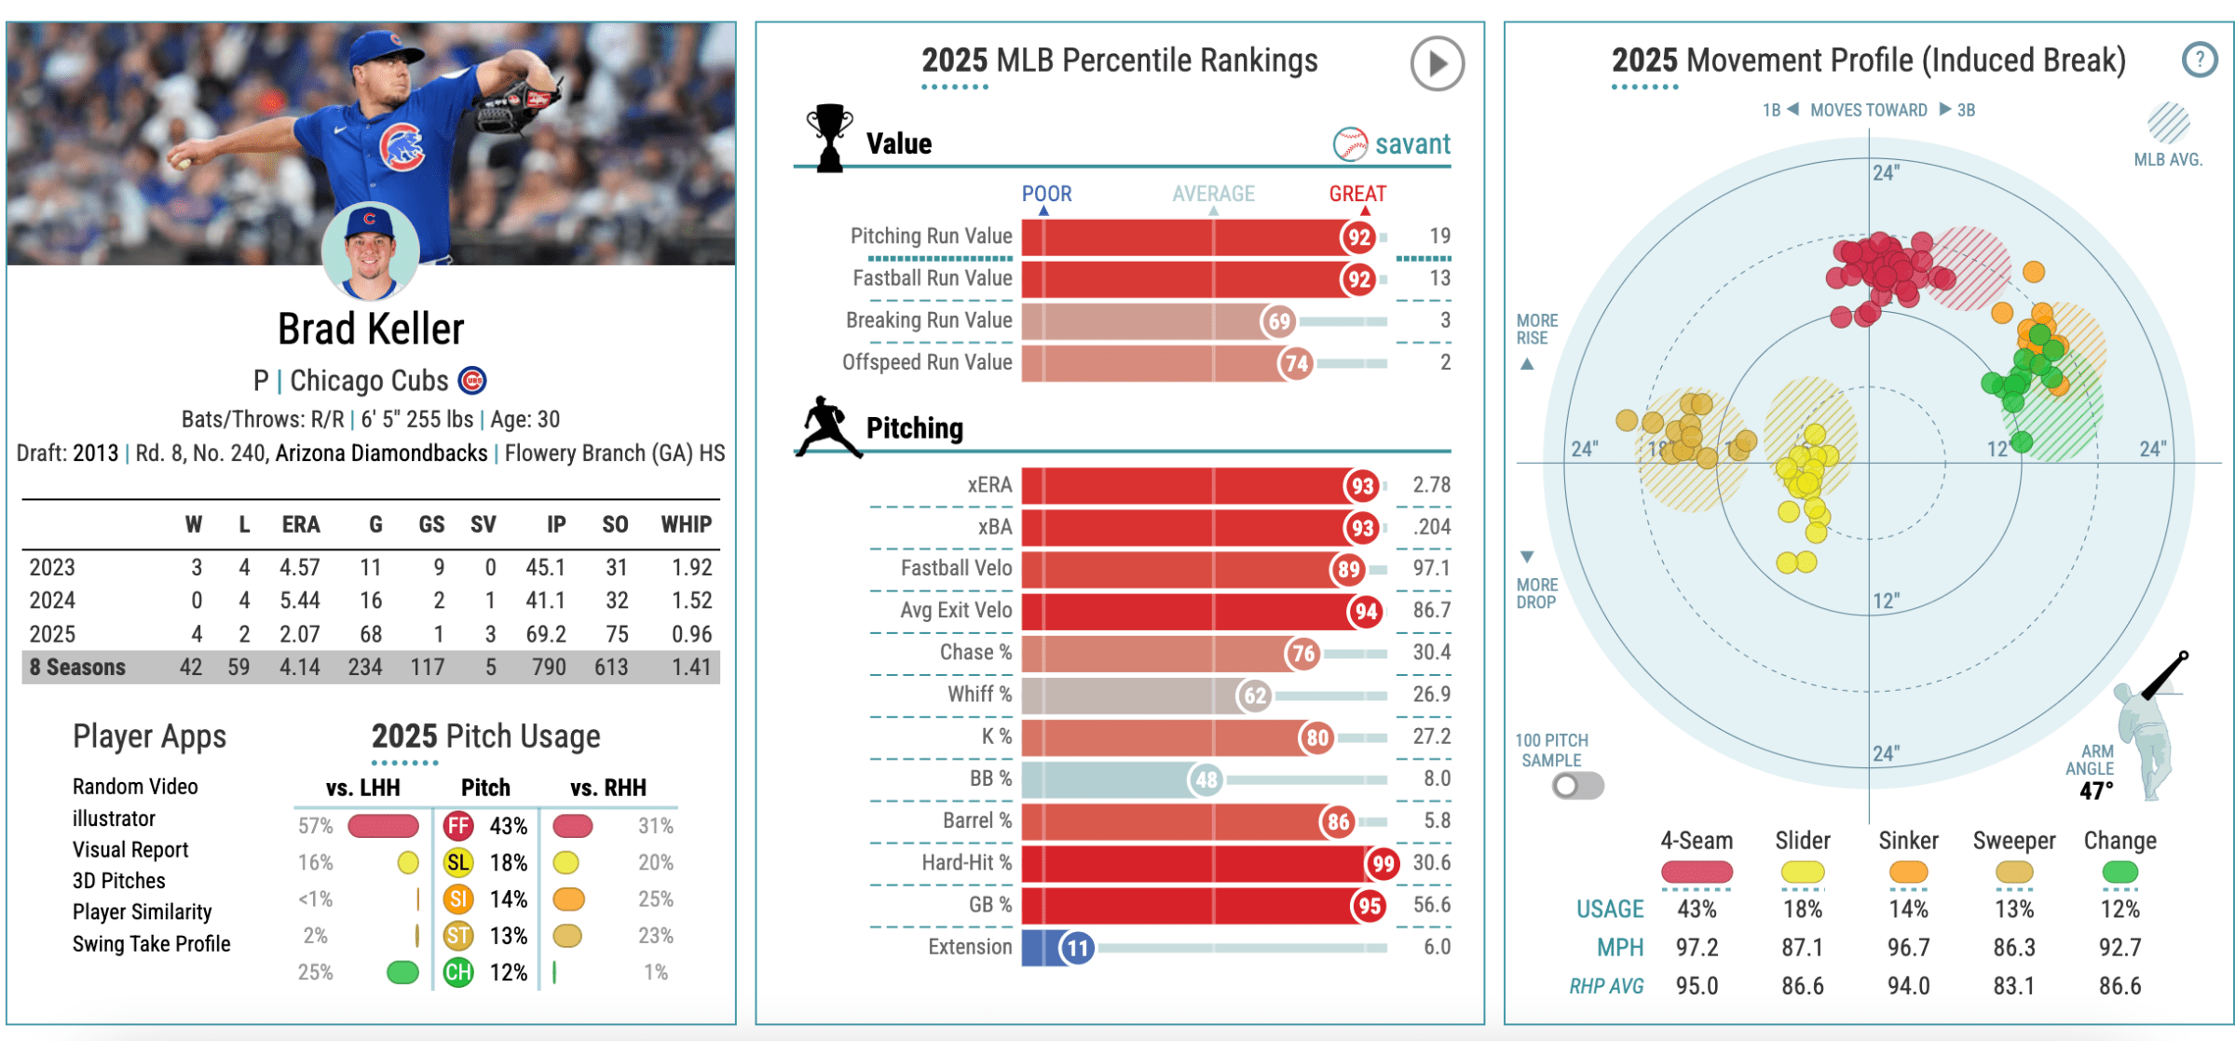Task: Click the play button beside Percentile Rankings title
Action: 1436,63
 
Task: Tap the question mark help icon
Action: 2199,61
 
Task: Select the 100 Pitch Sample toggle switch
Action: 1577,786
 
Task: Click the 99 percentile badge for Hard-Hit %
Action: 1383,863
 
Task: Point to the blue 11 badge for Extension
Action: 1077,948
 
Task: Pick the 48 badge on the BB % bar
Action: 1206,779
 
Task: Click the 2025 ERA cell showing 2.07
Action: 299,634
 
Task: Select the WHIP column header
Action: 686,525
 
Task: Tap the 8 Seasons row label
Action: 77,668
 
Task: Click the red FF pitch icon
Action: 457,826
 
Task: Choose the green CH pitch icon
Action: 457,972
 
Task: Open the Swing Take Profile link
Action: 151,944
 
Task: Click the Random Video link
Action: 135,787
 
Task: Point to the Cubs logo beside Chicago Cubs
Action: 473,381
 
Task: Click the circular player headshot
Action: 370,250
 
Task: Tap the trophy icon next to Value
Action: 828,137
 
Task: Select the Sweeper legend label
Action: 2013,841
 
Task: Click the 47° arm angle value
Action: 2096,791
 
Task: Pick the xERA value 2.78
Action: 1431,485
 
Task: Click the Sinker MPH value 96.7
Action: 1908,948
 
